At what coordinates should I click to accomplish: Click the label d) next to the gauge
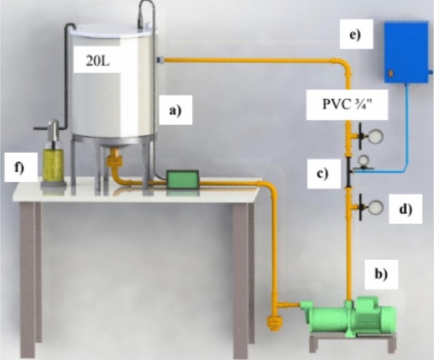(x=404, y=207)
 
